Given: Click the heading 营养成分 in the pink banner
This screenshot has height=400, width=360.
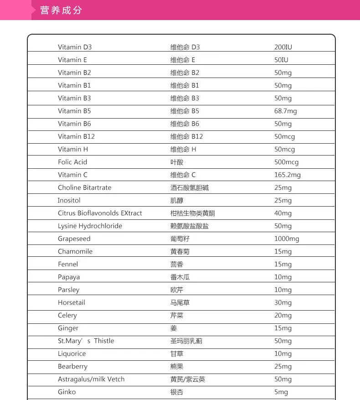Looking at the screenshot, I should pyautogui.click(x=61, y=10).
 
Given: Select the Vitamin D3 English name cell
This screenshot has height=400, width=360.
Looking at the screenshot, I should pyautogui.click(x=75, y=47).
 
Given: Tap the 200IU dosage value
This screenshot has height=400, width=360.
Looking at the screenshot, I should pyautogui.click(x=283, y=47).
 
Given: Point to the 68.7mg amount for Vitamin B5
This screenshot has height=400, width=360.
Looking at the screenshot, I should pyautogui.click(x=285, y=111).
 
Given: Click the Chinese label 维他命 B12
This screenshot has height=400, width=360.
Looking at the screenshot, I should pyautogui.click(x=187, y=136).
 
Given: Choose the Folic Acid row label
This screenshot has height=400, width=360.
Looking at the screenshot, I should pyautogui.click(x=72, y=162).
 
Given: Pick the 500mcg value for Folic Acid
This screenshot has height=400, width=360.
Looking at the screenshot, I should pyautogui.click(x=286, y=162).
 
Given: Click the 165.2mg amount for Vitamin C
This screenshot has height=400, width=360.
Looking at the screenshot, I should pyautogui.click(x=287, y=175).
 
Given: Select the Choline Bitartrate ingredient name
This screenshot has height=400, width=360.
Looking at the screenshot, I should pyautogui.click(x=84, y=187).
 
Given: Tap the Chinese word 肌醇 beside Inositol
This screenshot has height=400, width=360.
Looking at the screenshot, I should pyautogui.click(x=177, y=200).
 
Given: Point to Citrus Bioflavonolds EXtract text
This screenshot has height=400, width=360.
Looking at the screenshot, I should pyautogui.click(x=100, y=213).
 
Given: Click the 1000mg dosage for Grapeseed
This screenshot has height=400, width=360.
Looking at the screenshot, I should pyautogui.click(x=287, y=239).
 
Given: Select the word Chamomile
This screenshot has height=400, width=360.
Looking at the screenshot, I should pyautogui.click(x=75, y=251).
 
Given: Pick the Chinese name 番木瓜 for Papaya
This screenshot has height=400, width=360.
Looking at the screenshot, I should pyautogui.click(x=180, y=277).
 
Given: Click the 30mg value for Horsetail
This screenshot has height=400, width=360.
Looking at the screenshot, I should pyautogui.click(x=283, y=302).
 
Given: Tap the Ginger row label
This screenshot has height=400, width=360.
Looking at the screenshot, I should pyautogui.click(x=68, y=328).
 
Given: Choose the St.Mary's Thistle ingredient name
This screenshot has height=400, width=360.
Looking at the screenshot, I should pyautogui.click(x=86, y=341).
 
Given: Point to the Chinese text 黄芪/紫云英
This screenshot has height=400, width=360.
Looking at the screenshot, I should pyautogui.click(x=188, y=379).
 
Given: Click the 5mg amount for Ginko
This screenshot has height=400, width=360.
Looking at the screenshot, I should pyautogui.click(x=281, y=392).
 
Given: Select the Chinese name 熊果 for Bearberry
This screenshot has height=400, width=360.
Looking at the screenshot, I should pyautogui.click(x=177, y=366).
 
